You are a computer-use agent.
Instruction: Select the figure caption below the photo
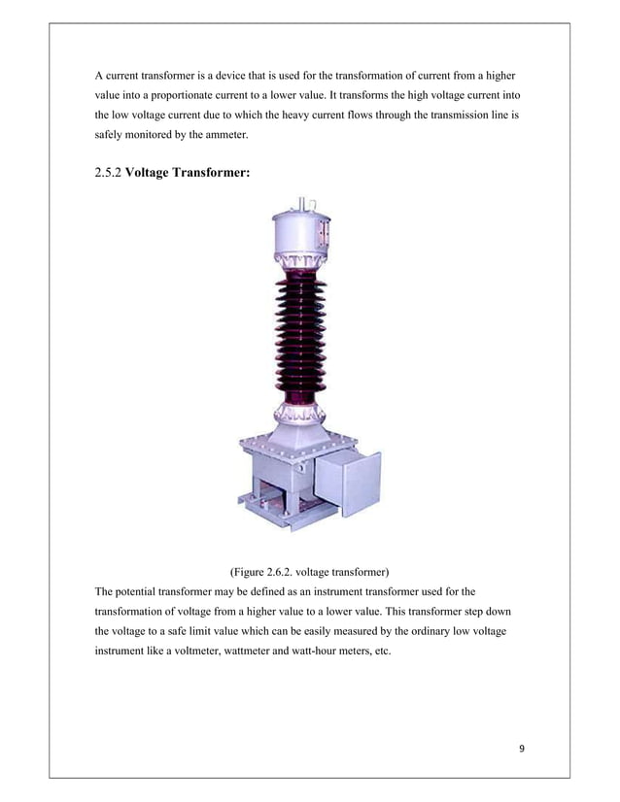coord(308,569)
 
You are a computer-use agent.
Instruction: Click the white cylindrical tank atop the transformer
coord(298,239)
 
